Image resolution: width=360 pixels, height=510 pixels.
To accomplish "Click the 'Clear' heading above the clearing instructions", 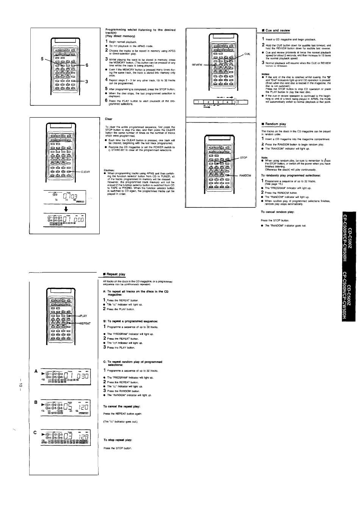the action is [108, 119].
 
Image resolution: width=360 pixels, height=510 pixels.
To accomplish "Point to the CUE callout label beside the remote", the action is [247, 54].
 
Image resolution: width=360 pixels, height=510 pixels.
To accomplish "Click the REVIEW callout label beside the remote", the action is [197, 65].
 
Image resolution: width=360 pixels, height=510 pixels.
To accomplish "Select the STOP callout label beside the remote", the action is [243, 158].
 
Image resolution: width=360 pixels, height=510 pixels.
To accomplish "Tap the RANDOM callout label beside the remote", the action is [245, 176].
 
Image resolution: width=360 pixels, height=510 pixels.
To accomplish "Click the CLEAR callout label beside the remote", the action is [85, 172].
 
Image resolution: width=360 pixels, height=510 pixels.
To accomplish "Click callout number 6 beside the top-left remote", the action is [87, 65].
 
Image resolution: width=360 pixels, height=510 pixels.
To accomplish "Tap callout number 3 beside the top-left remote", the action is [87, 82].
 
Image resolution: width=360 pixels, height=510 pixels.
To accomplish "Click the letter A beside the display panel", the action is [36, 371].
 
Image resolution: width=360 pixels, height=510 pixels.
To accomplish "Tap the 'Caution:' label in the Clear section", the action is [109, 170].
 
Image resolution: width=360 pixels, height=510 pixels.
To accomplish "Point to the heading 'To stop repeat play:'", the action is [117, 440].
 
